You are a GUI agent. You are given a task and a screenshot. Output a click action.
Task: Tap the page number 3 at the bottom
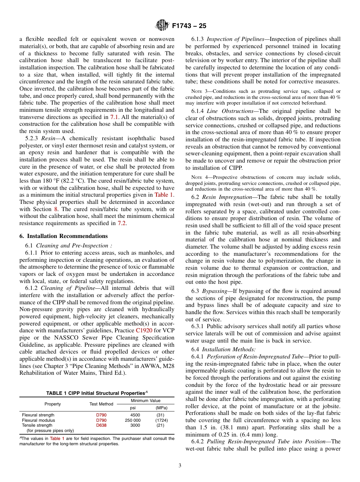(x=180, y=466)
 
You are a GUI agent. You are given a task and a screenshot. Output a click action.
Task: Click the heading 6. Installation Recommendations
(x=63, y=236)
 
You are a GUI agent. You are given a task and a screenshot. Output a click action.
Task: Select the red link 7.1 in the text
(x=114, y=117)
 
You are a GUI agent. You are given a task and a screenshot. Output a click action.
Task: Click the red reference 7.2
(x=121, y=223)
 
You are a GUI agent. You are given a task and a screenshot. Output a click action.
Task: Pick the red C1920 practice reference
(x=144, y=330)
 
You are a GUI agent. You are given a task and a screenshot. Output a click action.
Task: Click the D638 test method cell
(x=101, y=426)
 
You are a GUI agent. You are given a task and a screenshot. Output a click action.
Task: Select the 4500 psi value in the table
(x=135, y=415)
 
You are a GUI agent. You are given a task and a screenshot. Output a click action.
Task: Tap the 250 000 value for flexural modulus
(x=133, y=420)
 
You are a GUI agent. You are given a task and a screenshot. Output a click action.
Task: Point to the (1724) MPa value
(x=161, y=420)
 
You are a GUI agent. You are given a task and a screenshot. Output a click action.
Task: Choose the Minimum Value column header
(x=146, y=401)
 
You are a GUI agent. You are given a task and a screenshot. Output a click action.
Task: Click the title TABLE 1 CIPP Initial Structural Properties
(x=97, y=393)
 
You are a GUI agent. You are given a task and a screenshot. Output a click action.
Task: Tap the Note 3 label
(x=198, y=91)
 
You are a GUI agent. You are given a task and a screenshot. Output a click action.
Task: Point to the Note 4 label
(x=198, y=177)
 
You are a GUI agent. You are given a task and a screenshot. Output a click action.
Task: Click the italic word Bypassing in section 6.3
(x=214, y=291)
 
